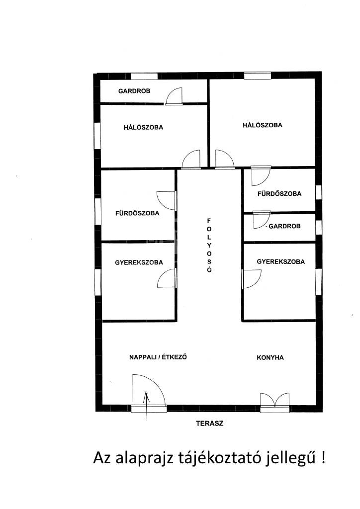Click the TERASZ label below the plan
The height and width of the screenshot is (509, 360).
[209, 424]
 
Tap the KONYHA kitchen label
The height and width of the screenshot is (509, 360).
[270, 357]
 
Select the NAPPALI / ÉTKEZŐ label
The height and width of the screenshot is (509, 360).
[158, 357]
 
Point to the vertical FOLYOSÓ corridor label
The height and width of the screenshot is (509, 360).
[209, 245]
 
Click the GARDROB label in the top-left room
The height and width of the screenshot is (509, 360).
[134, 91]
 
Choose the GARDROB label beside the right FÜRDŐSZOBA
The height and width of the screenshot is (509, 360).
[285, 226]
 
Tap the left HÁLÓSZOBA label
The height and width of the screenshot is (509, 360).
[143, 128]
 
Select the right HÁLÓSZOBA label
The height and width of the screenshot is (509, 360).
[262, 125]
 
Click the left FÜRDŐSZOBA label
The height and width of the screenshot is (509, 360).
[137, 213]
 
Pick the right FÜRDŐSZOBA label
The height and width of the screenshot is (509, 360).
[279, 193]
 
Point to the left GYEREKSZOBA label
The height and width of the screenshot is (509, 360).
[139, 262]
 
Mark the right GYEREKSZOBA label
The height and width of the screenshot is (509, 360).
[281, 261]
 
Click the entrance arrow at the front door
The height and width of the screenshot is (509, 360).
[147, 406]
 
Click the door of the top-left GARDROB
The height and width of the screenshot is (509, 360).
[175, 96]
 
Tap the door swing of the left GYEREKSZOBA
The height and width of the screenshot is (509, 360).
[167, 278]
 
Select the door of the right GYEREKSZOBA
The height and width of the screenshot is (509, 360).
[252, 279]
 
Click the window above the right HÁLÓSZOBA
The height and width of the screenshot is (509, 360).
[258, 76]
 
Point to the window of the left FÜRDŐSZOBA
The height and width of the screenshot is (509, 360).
[97, 211]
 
